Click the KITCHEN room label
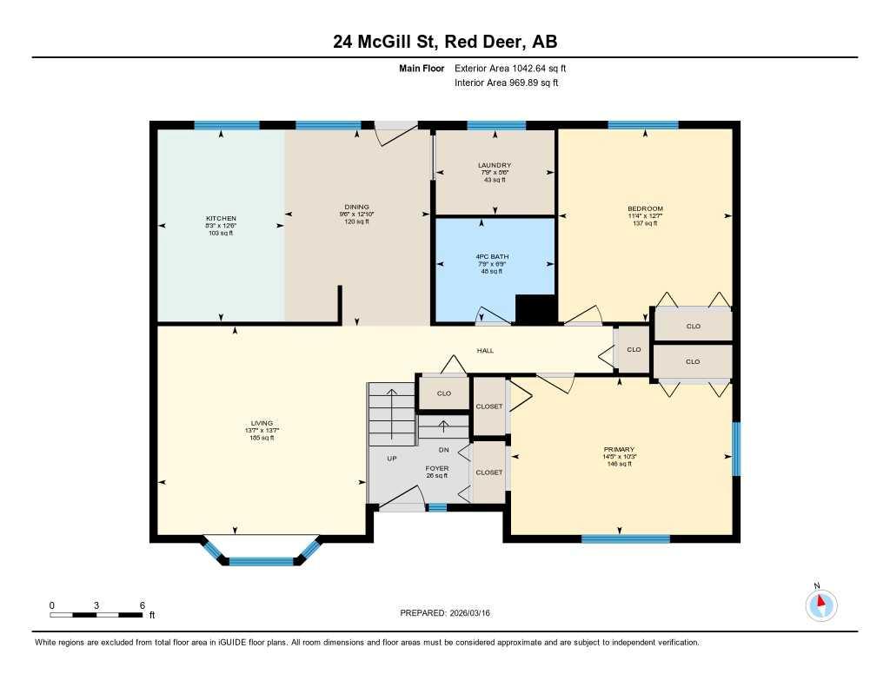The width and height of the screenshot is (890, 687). pyautogui.click(x=221, y=218)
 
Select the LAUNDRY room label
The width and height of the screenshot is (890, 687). pyautogui.click(x=495, y=165)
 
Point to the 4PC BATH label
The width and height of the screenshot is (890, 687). pyautogui.click(x=494, y=257)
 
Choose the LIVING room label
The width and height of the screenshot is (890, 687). pyautogui.click(x=261, y=423)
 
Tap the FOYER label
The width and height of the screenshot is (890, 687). pyautogui.click(x=437, y=468)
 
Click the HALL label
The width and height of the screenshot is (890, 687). pyautogui.click(x=485, y=350)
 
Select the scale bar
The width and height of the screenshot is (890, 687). pyautogui.click(x=96, y=615)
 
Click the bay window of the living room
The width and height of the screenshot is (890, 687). pyautogui.click(x=261, y=559)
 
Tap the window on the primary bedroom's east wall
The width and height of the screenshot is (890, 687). pyautogui.click(x=735, y=449)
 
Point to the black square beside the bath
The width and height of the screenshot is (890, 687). pyautogui.click(x=535, y=310)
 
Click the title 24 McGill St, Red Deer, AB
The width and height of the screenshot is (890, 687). pyautogui.click(x=444, y=42)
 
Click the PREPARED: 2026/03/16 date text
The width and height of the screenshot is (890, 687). pyautogui.click(x=450, y=613)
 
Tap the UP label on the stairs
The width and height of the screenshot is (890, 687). pyautogui.click(x=392, y=459)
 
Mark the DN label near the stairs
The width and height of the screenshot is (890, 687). pyautogui.click(x=443, y=450)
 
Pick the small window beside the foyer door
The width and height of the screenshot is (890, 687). pyautogui.click(x=437, y=507)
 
